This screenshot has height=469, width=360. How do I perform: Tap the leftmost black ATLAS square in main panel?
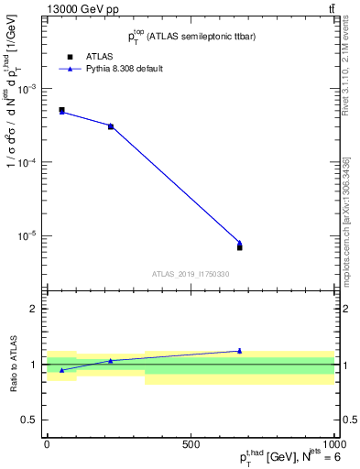[x=61, y=110]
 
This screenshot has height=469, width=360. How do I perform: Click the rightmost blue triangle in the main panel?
[x=239, y=243]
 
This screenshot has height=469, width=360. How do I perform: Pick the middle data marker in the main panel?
[x=111, y=125]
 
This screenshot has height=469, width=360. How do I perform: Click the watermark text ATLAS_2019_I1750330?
[x=191, y=274]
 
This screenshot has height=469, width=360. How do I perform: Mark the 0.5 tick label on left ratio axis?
[x=27, y=420]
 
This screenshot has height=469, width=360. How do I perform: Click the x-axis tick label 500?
[x=191, y=444]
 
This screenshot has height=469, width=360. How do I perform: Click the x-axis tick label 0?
[x=47, y=444]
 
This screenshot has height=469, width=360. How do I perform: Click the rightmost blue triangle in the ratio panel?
[x=239, y=351]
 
